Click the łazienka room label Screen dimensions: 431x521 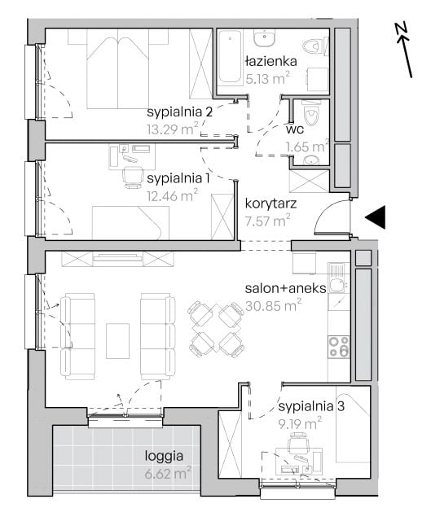click(270, 62)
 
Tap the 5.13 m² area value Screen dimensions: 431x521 click(268, 78)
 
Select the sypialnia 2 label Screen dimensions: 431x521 click(179, 112)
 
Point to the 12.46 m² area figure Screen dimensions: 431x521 click(172, 195)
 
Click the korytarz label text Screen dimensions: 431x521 click(270, 204)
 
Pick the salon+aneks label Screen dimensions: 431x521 click(286, 288)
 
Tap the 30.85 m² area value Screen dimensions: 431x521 click(274, 305)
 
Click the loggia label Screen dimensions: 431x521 click(164, 456)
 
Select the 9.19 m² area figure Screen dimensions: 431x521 click(301, 423)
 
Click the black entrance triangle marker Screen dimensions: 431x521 click(376, 217)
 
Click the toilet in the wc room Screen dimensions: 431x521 click(311, 113)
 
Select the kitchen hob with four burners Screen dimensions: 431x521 click(339, 347)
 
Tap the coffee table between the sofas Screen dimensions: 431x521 click(117, 341)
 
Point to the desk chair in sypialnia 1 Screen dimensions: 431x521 click(132, 177)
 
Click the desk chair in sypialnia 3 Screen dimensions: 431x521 click(297, 443)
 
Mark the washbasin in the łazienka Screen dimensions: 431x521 click(265, 37)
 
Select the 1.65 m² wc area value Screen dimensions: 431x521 click(306, 147)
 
